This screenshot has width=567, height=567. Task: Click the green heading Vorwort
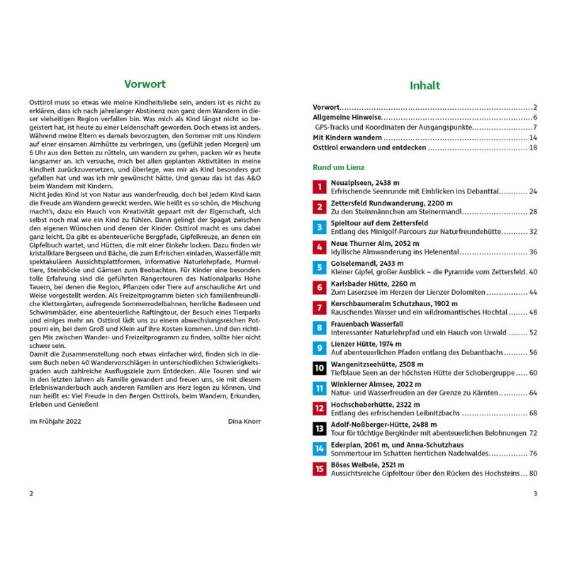145,83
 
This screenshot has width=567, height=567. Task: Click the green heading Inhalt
425,86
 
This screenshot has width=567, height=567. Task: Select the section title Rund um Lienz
339,167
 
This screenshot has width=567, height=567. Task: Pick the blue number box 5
319,267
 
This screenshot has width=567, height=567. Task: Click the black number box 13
319,428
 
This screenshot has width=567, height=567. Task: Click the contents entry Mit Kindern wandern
347,137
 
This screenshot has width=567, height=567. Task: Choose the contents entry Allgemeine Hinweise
347,116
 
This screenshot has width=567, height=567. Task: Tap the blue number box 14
319,448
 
